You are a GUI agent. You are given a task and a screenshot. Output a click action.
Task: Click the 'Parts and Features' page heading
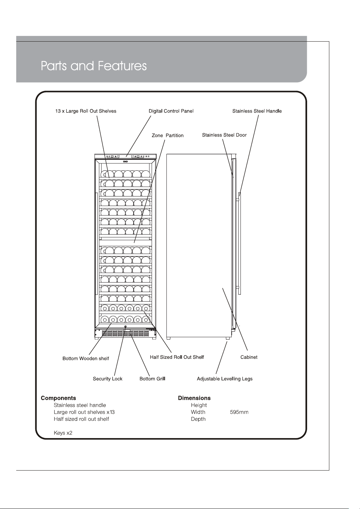click(x=93, y=66)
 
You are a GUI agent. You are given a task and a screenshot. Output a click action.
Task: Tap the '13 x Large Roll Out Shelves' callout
click(x=86, y=111)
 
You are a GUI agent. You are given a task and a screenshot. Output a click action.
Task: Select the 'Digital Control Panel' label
click(x=171, y=111)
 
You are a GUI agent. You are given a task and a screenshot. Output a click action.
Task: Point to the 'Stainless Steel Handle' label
click(x=257, y=111)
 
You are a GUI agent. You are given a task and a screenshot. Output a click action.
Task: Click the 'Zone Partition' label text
click(x=167, y=135)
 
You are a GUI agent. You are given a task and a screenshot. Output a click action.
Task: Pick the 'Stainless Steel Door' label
click(x=224, y=135)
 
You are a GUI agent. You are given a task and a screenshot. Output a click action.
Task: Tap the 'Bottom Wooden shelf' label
click(x=86, y=359)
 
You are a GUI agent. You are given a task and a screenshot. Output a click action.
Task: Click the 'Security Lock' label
click(x=108, y=379)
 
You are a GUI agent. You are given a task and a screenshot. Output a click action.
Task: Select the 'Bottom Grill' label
click(x=152, y=379)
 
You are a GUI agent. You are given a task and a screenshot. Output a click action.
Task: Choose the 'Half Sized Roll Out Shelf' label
click(x=177, y=357)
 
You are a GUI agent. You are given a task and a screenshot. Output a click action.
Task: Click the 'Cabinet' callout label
click(x=249, y=357)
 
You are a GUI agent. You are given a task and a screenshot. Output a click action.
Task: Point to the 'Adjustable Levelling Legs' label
click(x=225, y=379)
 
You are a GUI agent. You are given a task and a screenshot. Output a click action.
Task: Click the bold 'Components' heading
click(x=59, y=398)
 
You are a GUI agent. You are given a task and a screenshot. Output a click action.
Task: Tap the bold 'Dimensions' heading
click(x=194, y=398)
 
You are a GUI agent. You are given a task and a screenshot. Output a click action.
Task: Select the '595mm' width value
click(x=239, y=412)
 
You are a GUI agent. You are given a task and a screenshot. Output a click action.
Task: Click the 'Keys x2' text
click(x=63, y=433)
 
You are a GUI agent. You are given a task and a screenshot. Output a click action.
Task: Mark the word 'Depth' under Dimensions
click(x=198, y=419)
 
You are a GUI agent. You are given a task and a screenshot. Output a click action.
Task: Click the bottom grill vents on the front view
click(x=126, y=334)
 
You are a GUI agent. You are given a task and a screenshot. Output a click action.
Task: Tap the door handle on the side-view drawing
click(x=239, y=243)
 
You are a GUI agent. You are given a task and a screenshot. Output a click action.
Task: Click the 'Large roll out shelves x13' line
click(x=84, y=412)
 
